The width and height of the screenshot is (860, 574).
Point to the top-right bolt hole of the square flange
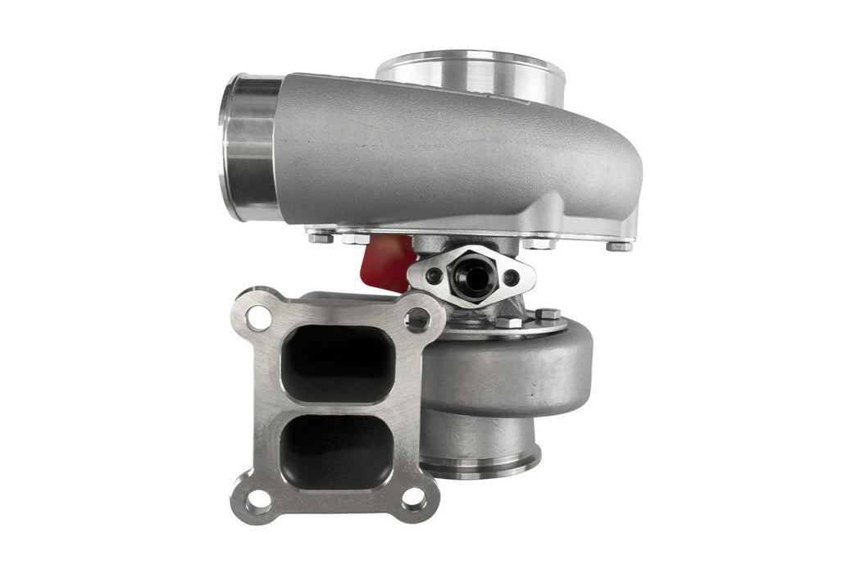pos(418,317)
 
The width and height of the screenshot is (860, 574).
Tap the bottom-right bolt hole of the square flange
pos(416,497)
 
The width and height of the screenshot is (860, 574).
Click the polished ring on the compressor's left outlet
pos(248,148)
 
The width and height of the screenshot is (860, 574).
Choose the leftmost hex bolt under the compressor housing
pos(316,239)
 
